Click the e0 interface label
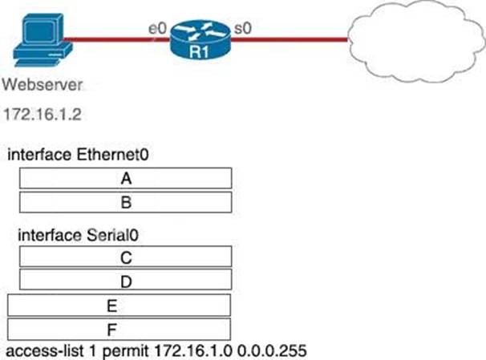click(x=157, y=29)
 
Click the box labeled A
click(x=125, y=179)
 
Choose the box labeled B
click(x=125, y=201)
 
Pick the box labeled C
click(x=125, y=257)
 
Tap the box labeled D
click(x=125, y=280)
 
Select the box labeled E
click(x=119, y=305)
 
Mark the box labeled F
click(x=119, y=329)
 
